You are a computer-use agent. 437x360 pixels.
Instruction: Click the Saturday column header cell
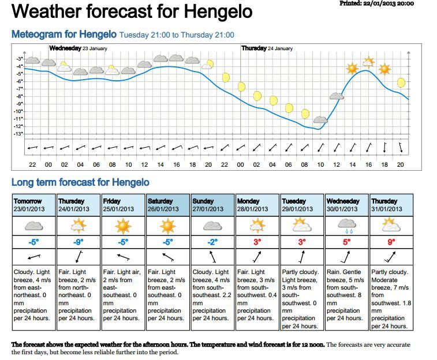(x=168, y=205)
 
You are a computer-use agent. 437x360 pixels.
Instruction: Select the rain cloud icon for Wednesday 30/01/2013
(x=346, y=224)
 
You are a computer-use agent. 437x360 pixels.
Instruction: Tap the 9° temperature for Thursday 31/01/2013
(x=392, y=242)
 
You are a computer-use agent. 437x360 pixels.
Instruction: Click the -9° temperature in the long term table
(x=79, y=242)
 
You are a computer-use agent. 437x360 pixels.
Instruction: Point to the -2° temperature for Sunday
(x=212, y=242)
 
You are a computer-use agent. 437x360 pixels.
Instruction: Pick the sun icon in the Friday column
(x=124, y=224)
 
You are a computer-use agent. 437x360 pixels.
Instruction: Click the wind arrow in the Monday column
(x=257, y=257)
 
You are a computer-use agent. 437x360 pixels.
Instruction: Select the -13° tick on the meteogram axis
(x=20, y=134)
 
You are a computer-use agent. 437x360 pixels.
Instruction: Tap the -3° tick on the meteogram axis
(x=20, y=59)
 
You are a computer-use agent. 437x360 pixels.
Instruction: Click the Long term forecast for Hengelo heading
(x=80, y=183)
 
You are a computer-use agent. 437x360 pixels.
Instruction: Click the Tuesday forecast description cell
(x=302, y=294)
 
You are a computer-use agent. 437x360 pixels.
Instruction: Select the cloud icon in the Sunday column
(x=213, y=224)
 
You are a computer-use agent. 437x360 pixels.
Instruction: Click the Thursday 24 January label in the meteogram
(x=267, y=48)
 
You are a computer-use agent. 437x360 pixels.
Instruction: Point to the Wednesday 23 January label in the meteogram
(x=79, y=48)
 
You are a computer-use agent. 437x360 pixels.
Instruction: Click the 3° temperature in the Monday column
(x=257, y=242)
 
